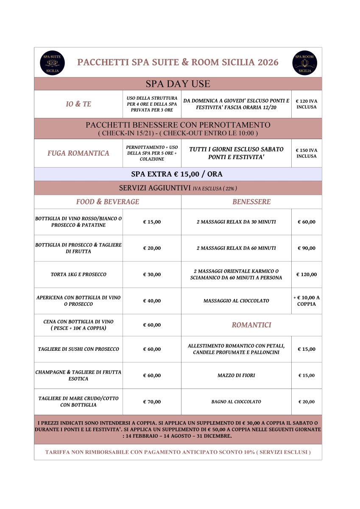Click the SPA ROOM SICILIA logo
[x=304, y=63]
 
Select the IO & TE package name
[x=78, y=104]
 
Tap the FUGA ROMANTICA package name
[x=78, y=153]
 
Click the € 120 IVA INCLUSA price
[x=306, y=104]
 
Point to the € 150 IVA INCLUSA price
[x=306, y=153]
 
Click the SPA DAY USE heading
[x=178, y=84]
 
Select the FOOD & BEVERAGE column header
[x=108, y=202]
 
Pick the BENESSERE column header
[x=251, y=202]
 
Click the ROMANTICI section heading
[x=251, y=325]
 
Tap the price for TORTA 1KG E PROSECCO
[x=152, y=274]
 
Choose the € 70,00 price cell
[x=152, y=402]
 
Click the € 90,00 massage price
[x=306, y=248]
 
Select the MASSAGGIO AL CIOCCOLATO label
[x=236, y=301]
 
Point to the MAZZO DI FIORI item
[x=236, y=375]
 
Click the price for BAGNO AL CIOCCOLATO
[x=306, y=402]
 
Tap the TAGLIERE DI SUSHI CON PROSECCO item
[x=78, y=349]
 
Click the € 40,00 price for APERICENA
[x=152, y=301]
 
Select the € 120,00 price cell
[x=306, y=274]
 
